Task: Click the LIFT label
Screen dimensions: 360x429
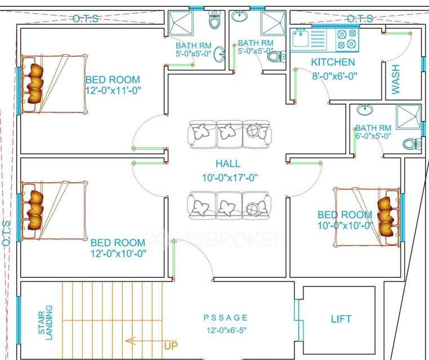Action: tap(341, 319)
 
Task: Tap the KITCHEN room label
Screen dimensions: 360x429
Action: tap(333, 62)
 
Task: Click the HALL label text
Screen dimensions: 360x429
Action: tap(227, 164)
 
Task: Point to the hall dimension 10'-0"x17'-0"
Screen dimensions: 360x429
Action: tap(228, 178)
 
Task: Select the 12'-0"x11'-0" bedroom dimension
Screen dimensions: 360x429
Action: tap(113, 91)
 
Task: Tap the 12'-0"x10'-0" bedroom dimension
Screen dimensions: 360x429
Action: tap(118, 253)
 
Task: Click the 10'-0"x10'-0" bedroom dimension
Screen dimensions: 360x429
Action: tap(345, 226)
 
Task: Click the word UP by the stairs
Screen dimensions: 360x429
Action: tap(171, 345)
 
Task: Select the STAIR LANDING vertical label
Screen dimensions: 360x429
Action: tap(46, 320)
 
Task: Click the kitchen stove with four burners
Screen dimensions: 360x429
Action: tap(346, 39)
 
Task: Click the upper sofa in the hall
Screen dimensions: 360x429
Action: tap(229, 134)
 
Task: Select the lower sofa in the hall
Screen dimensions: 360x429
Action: tap(229, 206)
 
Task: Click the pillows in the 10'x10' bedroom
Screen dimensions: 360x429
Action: tap(387, 216)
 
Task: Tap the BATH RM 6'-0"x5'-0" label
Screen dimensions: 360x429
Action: tap(373, 132)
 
